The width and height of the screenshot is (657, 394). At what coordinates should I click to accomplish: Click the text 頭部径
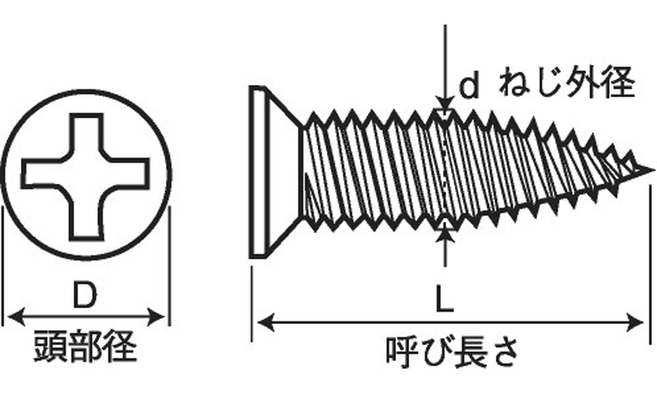85,347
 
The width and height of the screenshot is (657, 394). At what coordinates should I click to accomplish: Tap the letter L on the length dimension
445,301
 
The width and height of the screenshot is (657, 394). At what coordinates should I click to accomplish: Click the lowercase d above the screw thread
470,86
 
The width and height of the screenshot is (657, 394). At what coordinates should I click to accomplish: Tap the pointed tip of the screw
650,169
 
